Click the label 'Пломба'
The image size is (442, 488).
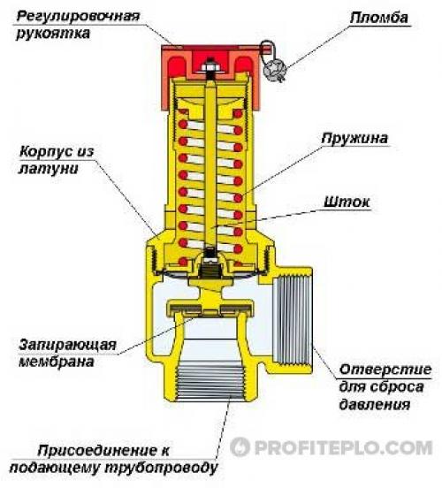click(x=378, y=18)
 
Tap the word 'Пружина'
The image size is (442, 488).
click(x=354, y=139)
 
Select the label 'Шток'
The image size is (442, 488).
click(x=347, y=202)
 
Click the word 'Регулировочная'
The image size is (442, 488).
click(x=78, y=17)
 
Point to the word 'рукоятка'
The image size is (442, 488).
click(x=53, y=34)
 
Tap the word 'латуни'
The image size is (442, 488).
click(x=49, y=169)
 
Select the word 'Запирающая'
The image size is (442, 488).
click(x=67, y=346)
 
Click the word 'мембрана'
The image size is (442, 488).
click(x=57, y=362)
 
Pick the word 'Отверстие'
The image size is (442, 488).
click(x=385, y=370)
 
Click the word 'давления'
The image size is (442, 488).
click(x=375, y=405)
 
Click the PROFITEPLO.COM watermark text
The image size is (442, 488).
click(x=344, y=447)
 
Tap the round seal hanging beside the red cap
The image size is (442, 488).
click(x=271, y=69)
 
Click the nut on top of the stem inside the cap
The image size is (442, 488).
click(x=210, y=66)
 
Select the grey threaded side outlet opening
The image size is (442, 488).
click(x=292, y=321)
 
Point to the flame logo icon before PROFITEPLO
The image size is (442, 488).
click(x=240, y=447)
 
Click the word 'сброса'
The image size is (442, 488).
click(x=403, y=387)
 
